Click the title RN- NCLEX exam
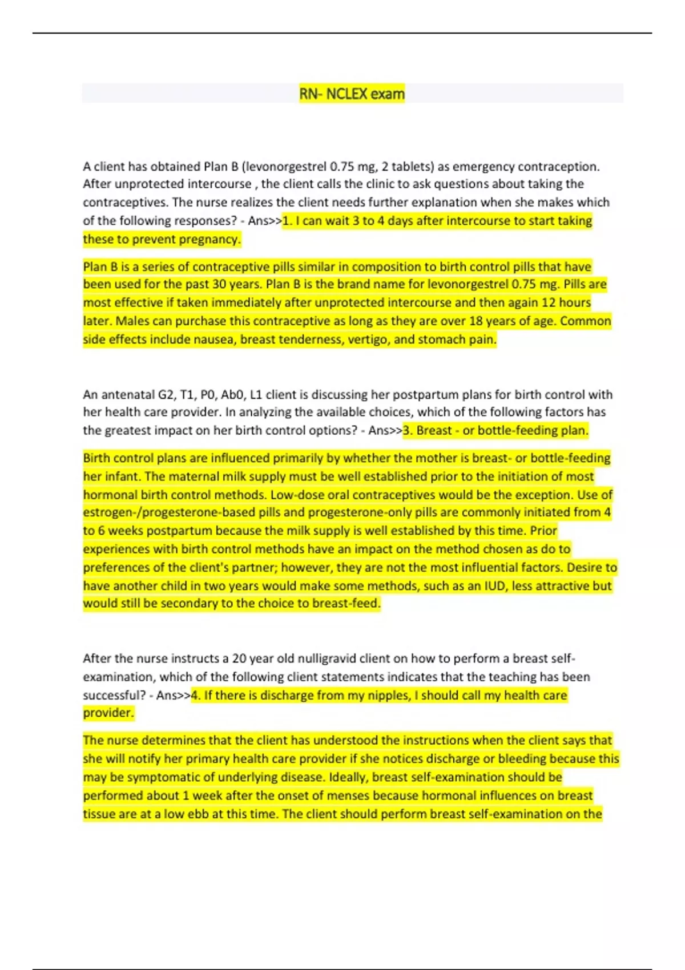coord(352,94)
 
